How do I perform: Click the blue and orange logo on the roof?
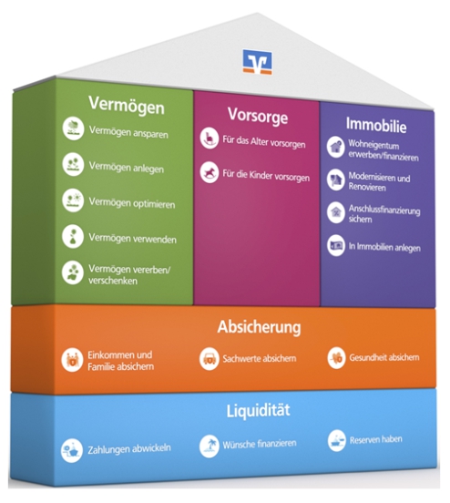click(x=257, y=62)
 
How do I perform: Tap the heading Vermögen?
click(x=127, y=105)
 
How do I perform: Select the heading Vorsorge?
click(x=258, y=116)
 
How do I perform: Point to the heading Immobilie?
click(x=376, y=125)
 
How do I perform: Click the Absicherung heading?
click(x=259, y=327)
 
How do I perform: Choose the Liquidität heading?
click(x=258, y=411)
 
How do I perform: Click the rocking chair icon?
click(x=210, y=139)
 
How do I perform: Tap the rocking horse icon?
click(x=210, y=172)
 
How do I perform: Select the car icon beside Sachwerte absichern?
click(x=210, y=359)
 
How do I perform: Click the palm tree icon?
click(x=210, y=446)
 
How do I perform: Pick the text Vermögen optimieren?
click(x=132, y=203)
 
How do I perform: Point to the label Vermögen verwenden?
click(x=132, y=239)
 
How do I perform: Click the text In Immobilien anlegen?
click(x=384, y=247)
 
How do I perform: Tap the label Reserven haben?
click(x=375, y=439)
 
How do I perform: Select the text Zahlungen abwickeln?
click(x=129, y=449)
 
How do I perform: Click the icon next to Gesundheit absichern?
click(x=336, y=357)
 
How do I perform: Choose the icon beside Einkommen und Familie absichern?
click(x=72, y=360)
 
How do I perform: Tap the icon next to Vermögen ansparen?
click(x=73, y=128)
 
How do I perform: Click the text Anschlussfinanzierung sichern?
click(x=384, y=214)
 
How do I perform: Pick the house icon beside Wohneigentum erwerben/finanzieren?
click(x=336, y=147)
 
